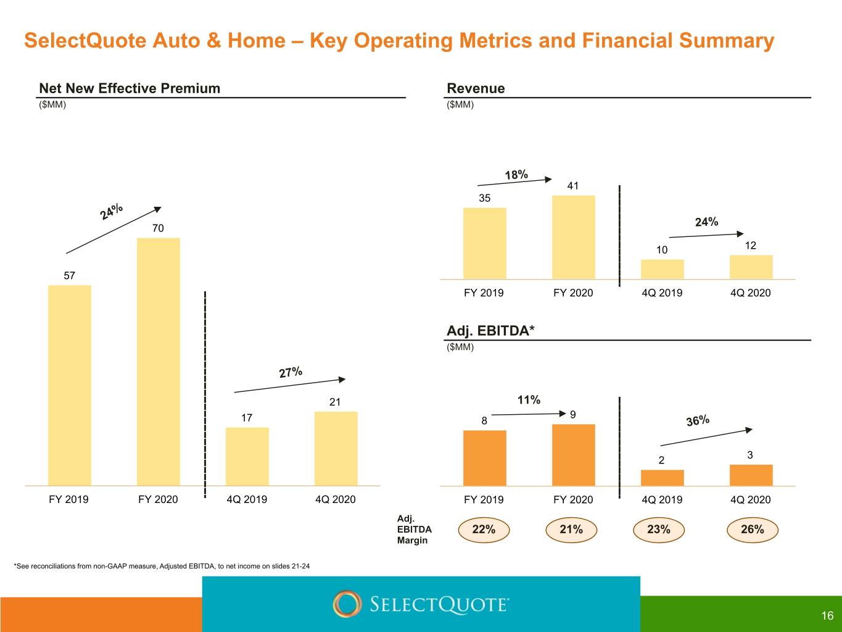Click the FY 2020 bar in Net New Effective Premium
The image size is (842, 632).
point(159,362)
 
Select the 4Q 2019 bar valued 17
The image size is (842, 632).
point(247,457)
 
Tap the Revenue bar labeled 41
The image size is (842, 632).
point(574,237)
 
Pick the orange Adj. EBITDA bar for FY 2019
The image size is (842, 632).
point(485,458)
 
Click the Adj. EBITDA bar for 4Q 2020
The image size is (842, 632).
point(751,475)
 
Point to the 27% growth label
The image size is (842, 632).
point(291,372)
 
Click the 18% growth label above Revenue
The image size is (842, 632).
point(516,175)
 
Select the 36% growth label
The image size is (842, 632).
point(698,420)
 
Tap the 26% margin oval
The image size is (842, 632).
point(753,530)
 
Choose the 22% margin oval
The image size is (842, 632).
point(484,530)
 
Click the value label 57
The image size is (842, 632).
point(69,275)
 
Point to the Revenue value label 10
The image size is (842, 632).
point(662,250)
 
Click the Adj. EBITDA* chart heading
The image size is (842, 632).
point(490,330)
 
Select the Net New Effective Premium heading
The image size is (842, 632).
point(130,88)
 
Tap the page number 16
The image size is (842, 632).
point(827,615)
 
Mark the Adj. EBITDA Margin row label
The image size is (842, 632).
point(415,530)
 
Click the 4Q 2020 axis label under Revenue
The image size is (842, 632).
point(750,293)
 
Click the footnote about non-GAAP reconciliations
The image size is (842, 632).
point(162,566)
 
